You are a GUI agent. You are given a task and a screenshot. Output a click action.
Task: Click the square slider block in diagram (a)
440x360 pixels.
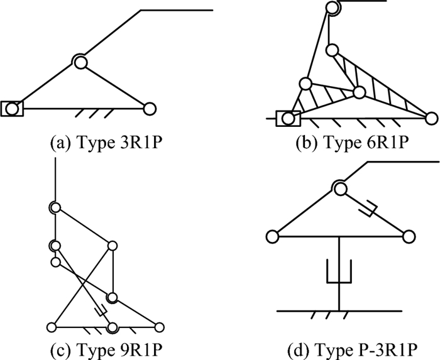tap(12, 108)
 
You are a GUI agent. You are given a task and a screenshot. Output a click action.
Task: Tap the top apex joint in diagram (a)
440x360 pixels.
tap(80, 61)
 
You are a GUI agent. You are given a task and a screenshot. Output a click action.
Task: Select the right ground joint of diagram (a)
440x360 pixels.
tap(149, 108)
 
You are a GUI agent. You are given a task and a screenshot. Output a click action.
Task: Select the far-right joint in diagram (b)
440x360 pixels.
tap(431, 117)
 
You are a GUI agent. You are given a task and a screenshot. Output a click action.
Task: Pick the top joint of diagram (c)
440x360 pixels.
tap(55, 207)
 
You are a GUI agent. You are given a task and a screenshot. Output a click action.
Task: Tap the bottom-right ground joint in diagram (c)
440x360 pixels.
tap(158, 327)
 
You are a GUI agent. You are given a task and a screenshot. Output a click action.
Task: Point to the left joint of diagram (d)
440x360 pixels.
tap(272, 236)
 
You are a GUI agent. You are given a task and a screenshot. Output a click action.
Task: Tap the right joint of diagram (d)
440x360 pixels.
tap(409, 236)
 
